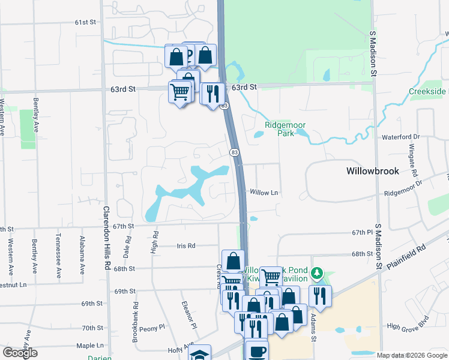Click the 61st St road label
pos(86,22)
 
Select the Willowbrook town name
pos(372,171)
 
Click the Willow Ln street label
pos(264,193)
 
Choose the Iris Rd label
pos(187,246)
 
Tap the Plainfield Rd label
pos(407,256)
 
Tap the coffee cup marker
pos(257,350)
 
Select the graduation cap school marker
pos(200,354)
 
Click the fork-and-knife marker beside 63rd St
pos(212,94)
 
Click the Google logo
pos(20,353)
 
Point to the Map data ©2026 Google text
pos(411,355)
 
